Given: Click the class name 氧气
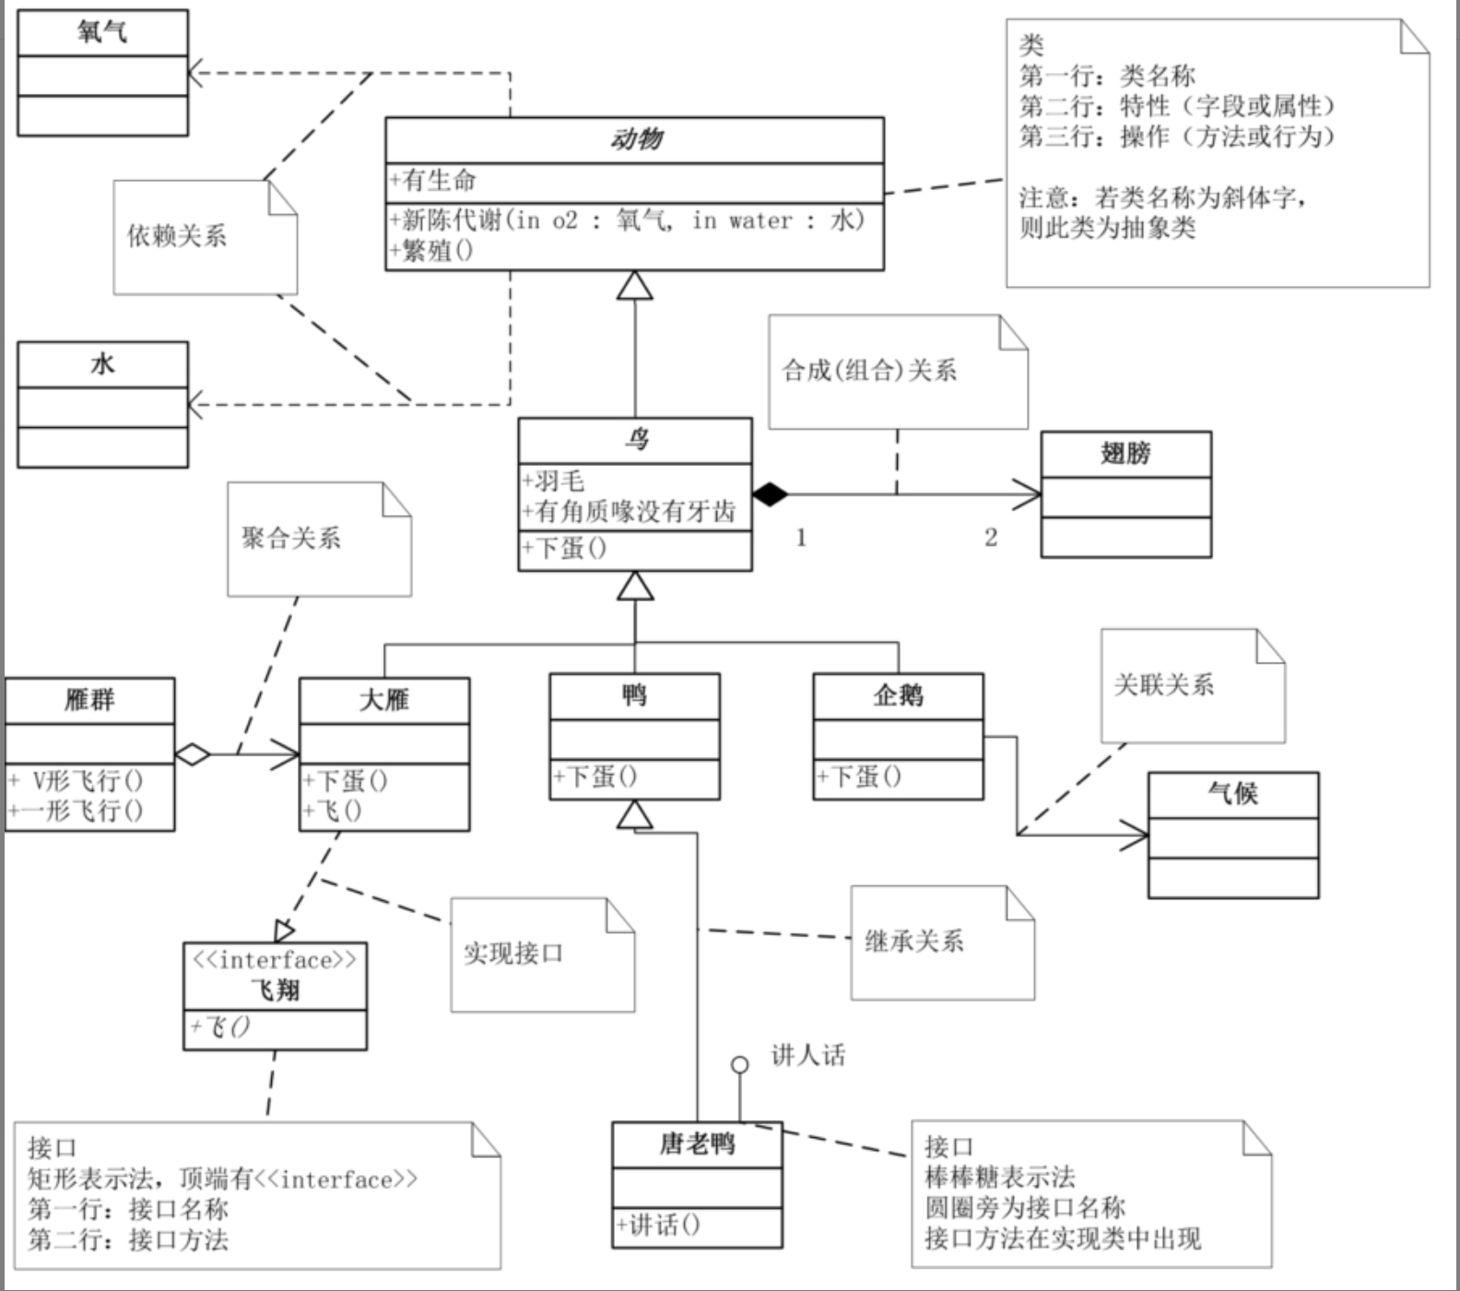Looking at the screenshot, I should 102,33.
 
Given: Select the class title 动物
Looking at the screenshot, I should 635,140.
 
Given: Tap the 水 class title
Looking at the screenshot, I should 102,364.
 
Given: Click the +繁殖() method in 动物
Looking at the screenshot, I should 431,251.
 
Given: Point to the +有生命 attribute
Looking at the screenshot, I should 432,180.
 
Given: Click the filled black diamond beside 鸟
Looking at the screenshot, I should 770,494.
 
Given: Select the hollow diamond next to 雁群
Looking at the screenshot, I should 193,754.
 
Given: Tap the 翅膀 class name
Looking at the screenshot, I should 1125,454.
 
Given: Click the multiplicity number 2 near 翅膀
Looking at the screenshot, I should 991,538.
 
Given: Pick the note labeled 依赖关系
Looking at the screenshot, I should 177,236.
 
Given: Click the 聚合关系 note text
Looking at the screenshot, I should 291,539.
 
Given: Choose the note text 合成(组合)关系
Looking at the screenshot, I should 869,371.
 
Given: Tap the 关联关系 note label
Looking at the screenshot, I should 1164,685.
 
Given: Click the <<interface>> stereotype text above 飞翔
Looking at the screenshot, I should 275,960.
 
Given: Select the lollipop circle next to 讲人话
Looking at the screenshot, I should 739,1065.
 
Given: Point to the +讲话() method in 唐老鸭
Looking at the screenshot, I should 658,1226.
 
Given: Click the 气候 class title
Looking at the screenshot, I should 1232,793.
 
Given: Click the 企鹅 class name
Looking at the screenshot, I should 898,695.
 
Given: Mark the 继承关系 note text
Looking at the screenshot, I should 914,942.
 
